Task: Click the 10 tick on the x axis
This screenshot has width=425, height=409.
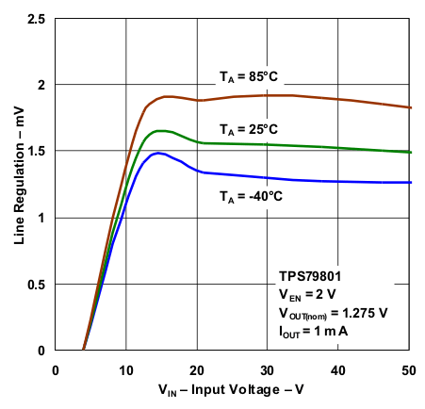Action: point(126,367)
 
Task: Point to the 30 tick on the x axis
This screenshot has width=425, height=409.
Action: point(269,367)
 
